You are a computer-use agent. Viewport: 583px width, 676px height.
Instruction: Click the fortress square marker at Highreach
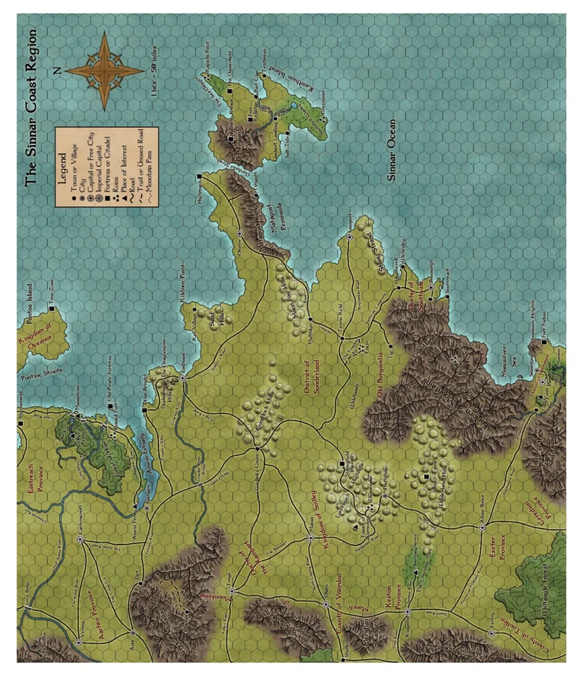coord(199,177)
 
